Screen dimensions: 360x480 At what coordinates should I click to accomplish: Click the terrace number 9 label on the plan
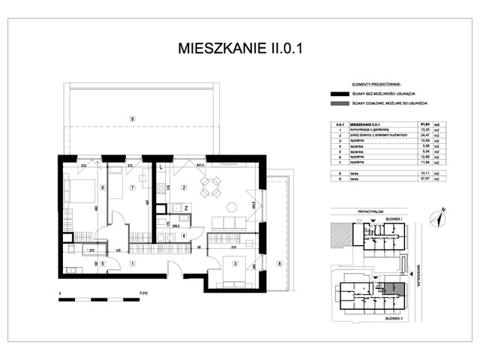(132, 118)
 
